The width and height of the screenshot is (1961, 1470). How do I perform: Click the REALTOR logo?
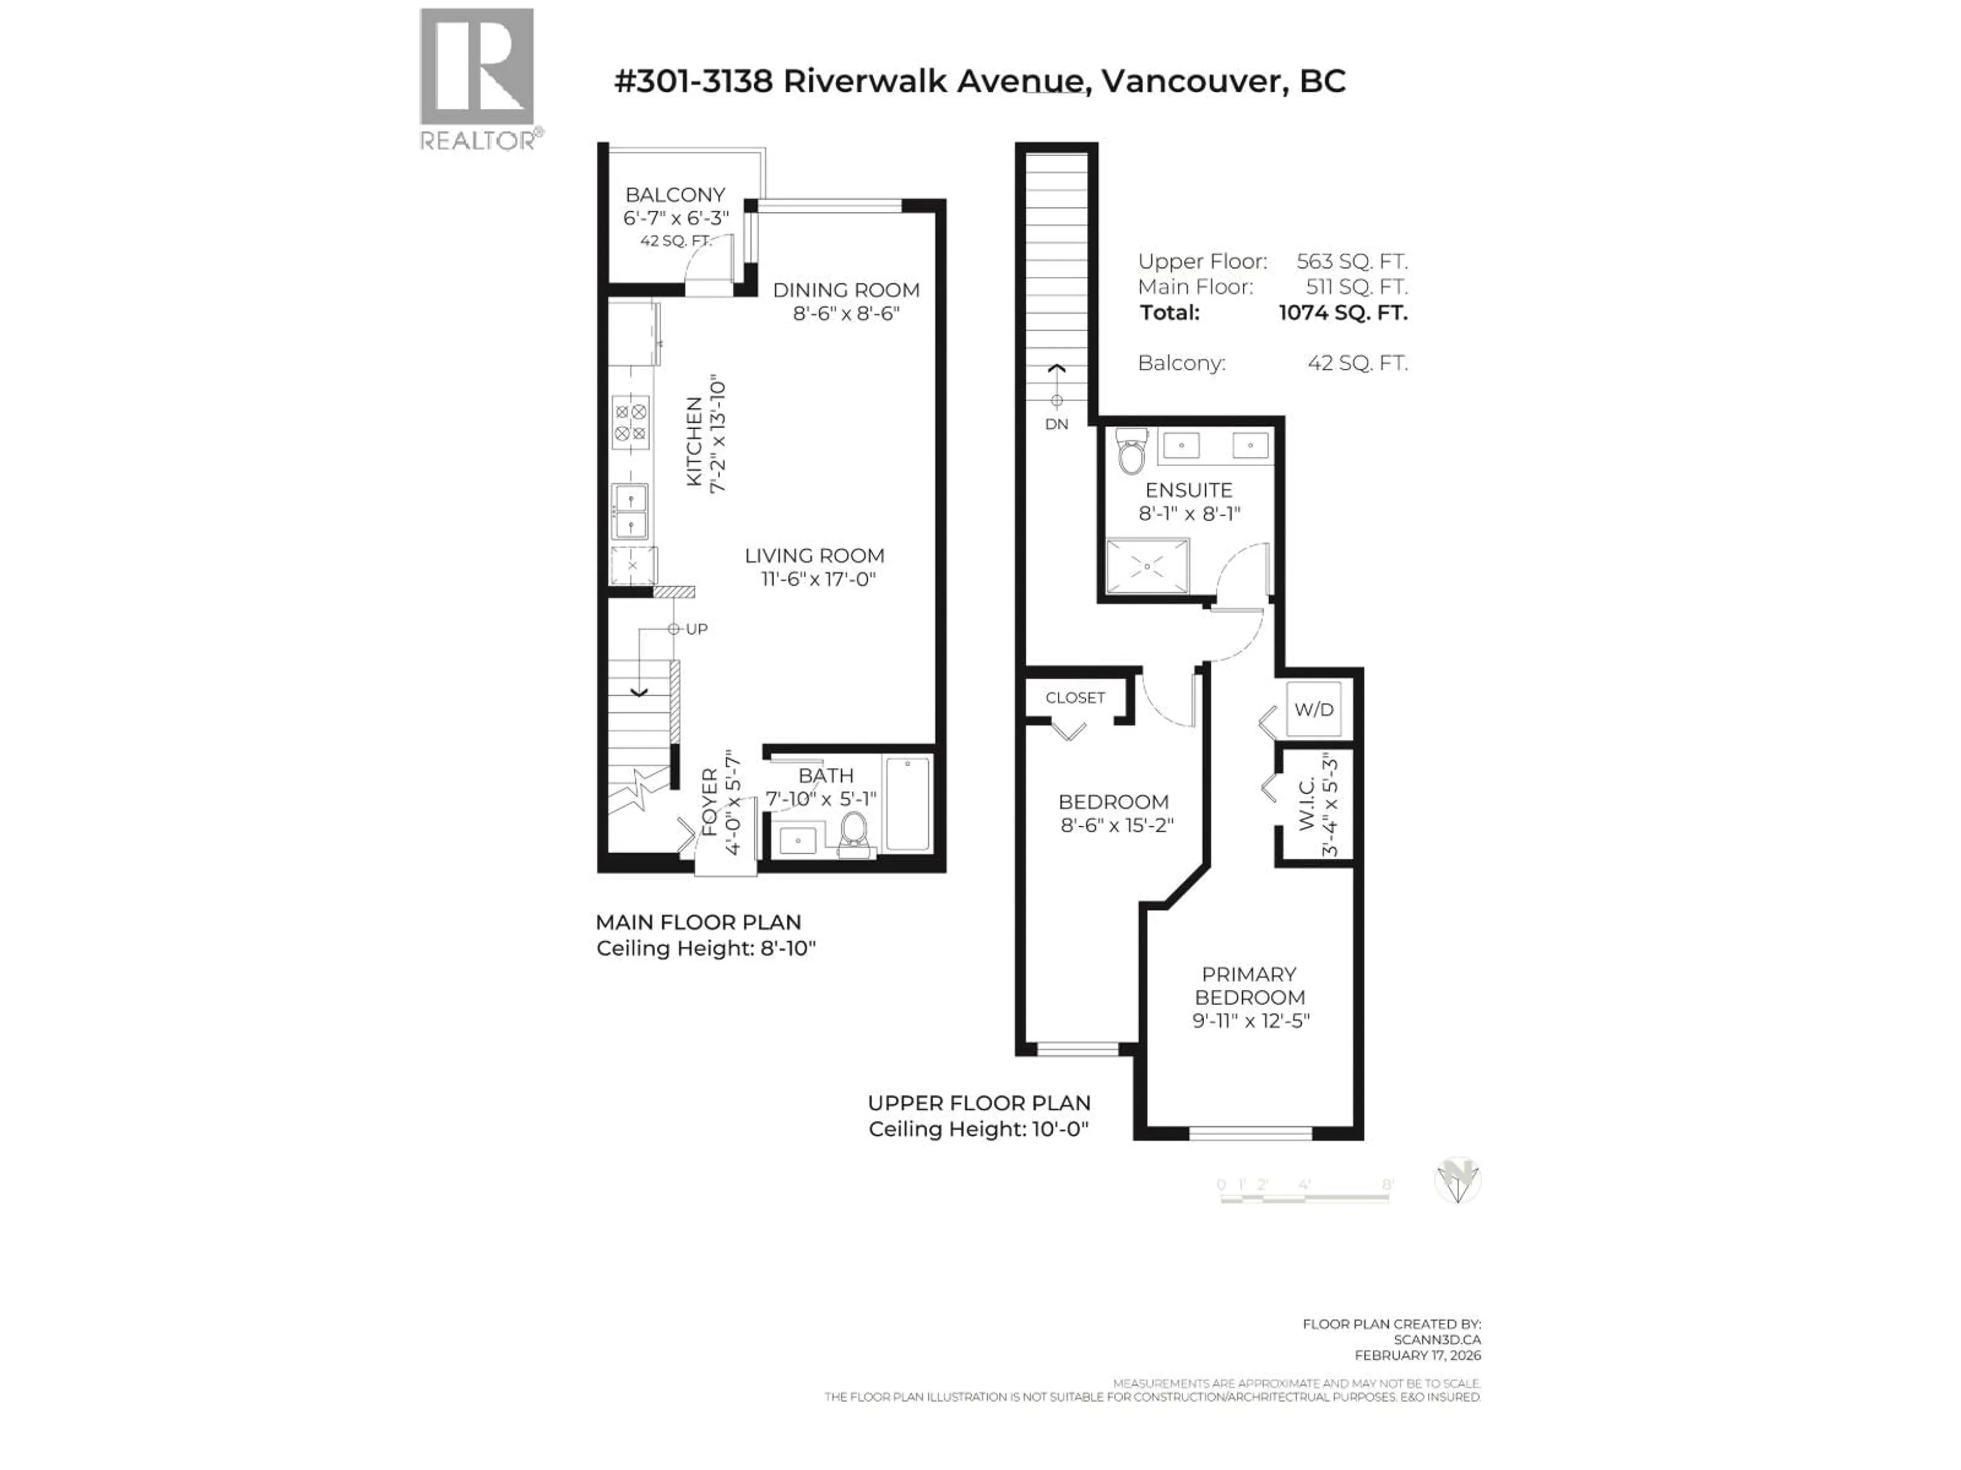(477, 78)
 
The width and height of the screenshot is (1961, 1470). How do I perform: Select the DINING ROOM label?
(846, 290)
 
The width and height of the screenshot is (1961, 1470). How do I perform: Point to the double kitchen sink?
(630, 511)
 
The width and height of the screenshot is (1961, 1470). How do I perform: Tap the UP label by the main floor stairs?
(697, 629)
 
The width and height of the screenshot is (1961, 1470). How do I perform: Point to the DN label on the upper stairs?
(1056, 425)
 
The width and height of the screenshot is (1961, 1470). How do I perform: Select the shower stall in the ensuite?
(1147, 566)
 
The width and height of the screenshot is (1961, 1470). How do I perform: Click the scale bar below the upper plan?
(1304, 1197)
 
